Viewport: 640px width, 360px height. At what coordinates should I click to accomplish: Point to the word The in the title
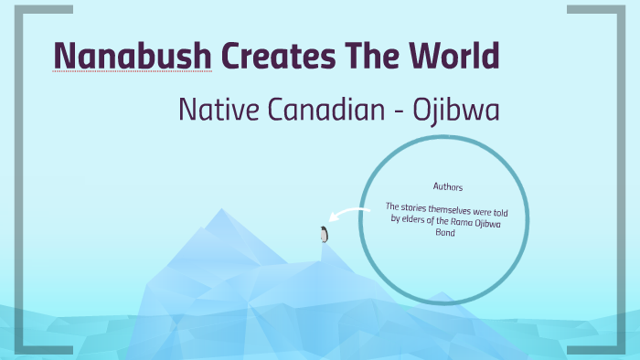tap(367, 56)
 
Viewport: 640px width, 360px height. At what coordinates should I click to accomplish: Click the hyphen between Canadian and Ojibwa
tap(400, 113)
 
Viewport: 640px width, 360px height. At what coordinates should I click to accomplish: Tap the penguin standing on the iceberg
tap(324, 234)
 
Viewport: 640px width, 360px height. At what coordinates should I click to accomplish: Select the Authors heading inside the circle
tap(448, 187)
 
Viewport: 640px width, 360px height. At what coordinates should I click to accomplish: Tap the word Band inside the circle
tap(445, 233)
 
